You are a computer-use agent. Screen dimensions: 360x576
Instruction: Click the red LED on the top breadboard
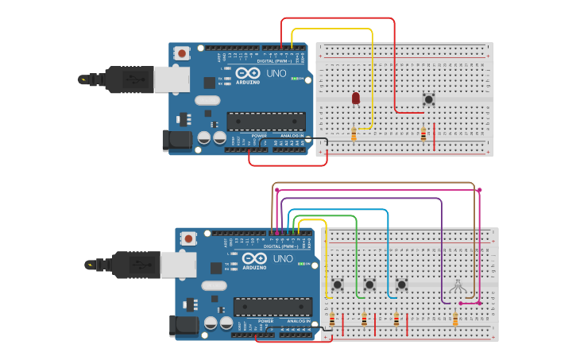click(x=355, y=99)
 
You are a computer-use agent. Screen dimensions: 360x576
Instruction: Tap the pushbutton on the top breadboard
click(x=428, y=99)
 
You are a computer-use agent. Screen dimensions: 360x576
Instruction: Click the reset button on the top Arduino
click(x=182, y=54)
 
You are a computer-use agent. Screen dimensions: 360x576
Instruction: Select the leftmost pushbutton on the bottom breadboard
click(x=337, y=284)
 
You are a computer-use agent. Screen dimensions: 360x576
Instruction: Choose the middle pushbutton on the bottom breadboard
click(x=369, y=284)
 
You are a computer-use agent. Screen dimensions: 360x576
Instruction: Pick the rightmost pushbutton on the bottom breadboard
click(x=401, y=284)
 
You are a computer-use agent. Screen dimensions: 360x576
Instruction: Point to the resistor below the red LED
click(x=354, y=134)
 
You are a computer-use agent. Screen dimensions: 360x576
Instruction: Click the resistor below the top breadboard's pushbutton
click(x=423, y=134)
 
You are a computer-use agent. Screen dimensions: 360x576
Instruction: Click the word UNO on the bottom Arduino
click(x=283, y=258)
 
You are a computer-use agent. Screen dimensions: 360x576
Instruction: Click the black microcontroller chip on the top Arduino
click(x=266, y=121)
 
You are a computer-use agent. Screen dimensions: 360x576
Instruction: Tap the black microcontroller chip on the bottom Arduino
click(x=273, y=307)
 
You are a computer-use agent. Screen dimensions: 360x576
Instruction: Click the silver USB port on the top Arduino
click(x=171, y=79)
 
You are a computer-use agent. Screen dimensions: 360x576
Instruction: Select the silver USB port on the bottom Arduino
click(x=177, y=265)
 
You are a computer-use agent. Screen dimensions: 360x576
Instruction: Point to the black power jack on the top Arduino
click(x=175, y=141)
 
